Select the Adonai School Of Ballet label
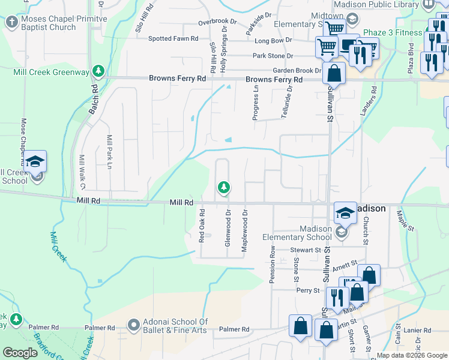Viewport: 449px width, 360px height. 174,326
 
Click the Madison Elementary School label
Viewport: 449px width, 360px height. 297,233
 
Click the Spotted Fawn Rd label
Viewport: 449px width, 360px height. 173,39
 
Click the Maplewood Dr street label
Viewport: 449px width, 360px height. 244,230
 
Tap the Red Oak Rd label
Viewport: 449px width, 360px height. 202,226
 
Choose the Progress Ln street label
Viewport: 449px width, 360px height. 256,102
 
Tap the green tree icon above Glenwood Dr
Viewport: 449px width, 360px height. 224,188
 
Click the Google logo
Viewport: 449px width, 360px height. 20,353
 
